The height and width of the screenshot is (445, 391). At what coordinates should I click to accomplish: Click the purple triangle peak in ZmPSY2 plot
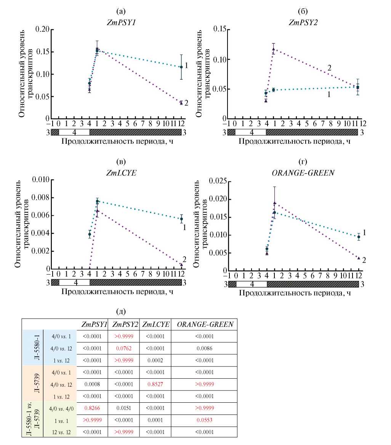tap(273, 49)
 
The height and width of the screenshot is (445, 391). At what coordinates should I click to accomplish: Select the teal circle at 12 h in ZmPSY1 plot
tap(181, 67)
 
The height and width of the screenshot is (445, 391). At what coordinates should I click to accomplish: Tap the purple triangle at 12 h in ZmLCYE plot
tap(181, 264)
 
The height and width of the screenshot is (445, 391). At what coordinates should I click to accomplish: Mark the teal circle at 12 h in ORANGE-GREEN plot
tap(359, 237)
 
